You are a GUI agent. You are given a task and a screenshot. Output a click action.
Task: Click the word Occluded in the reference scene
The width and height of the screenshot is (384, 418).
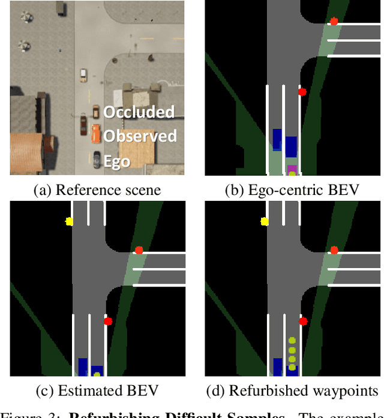click(x=139, y=112)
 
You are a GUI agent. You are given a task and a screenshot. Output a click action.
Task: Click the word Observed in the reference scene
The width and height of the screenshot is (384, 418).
click(x=140, y=136)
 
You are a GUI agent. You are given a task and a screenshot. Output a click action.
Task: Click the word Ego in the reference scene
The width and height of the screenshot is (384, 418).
click(x=116, y=161)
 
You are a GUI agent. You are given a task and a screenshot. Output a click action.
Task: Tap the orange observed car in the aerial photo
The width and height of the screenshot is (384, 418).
click(x=96, y=134)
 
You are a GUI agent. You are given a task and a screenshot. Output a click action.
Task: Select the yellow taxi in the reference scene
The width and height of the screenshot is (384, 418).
click(x=83, y=75)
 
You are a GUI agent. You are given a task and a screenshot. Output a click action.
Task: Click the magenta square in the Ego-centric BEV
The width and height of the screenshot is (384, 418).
click(x=292, y=169)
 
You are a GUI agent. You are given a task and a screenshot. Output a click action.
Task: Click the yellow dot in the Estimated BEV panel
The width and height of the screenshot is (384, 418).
click(x=69, y=221)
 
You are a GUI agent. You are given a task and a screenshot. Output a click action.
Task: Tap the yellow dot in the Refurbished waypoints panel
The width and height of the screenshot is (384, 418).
click(x=264, y=221)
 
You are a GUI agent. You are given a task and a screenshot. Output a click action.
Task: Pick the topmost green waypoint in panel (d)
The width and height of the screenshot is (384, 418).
click(x=292, y=340)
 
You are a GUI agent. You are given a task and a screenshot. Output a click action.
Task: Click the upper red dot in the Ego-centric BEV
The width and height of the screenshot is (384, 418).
click(x=334, y=21)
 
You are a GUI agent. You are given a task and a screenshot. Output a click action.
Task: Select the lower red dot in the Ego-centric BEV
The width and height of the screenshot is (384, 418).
click(x=302, y=92)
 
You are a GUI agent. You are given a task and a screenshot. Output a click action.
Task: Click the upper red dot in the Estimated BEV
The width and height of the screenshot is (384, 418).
click(x=139, y=250)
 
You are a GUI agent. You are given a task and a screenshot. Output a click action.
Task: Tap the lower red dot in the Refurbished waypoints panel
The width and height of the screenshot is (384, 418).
click(x=303, y=321)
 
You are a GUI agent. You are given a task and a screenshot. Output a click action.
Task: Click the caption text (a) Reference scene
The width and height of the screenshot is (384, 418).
click(x=97, y=191)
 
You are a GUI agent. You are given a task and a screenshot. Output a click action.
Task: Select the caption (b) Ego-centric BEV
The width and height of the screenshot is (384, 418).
click(x=292, y=191)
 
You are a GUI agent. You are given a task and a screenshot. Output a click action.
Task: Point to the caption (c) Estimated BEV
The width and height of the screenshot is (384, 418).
click(x=97, y=392)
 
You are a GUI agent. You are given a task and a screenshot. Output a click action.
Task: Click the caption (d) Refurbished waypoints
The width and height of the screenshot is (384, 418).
click(x=292, y=392)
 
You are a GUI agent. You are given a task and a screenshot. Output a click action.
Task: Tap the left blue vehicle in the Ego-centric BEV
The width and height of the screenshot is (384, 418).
click(x=277, y=139)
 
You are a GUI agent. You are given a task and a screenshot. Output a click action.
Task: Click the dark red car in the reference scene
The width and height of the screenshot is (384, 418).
click(x=83, y=125)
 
